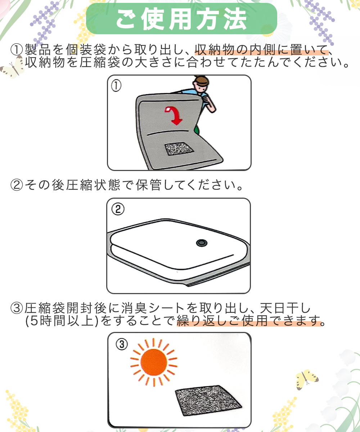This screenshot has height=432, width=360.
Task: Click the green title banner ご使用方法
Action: (181, 19)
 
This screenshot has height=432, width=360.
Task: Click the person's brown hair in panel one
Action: (201, 81)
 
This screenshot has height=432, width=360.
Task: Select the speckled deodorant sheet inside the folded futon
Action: (179, 149)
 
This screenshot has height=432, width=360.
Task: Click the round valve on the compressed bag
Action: (202, 243)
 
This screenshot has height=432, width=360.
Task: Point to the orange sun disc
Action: (153, 362)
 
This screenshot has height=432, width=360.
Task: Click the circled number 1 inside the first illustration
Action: (116, 86)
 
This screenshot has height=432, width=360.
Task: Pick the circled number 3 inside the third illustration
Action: (122, 345)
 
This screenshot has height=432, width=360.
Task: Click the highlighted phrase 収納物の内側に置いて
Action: (261, 50)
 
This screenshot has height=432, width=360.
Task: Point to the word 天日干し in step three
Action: (285, 308)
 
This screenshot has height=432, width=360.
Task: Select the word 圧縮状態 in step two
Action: (93, 185)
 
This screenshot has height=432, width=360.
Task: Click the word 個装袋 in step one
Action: (86, 50)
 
